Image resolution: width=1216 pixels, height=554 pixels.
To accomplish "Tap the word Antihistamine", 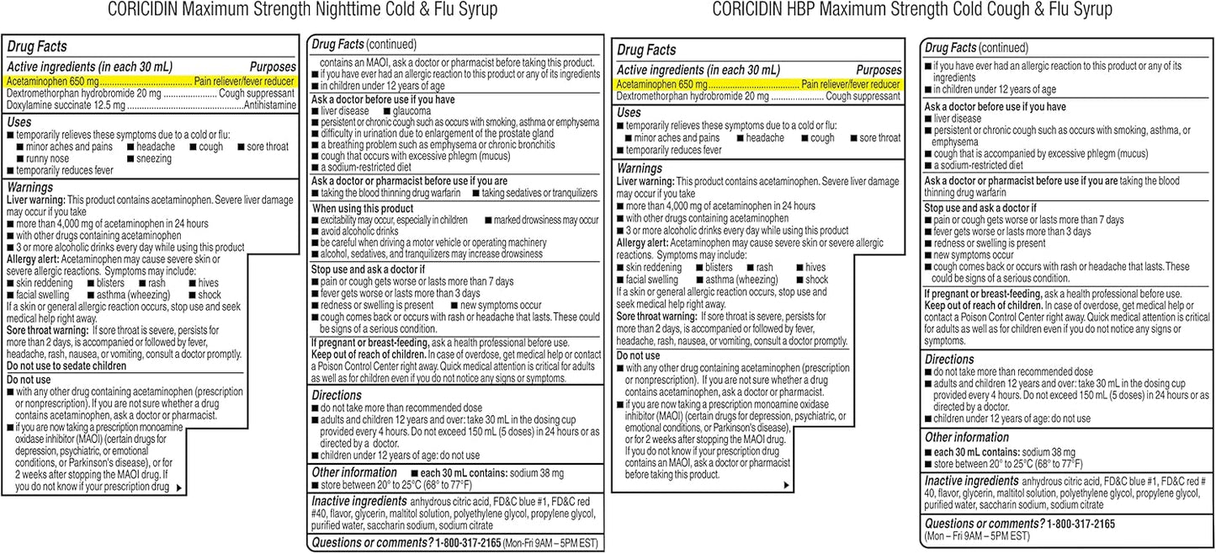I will coord(269,106).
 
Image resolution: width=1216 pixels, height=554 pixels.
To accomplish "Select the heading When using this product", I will coord(363,208).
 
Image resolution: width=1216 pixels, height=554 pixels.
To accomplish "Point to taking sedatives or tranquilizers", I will coord(539,193).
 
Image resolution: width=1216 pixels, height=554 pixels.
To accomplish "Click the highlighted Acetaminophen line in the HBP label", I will coord(758,84).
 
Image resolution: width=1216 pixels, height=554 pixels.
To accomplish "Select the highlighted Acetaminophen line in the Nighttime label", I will coord(151,82).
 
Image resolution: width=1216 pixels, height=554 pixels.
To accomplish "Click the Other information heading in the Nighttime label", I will coord(354,472).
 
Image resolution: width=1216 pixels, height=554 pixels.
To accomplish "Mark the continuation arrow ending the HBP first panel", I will coord(786,485).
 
